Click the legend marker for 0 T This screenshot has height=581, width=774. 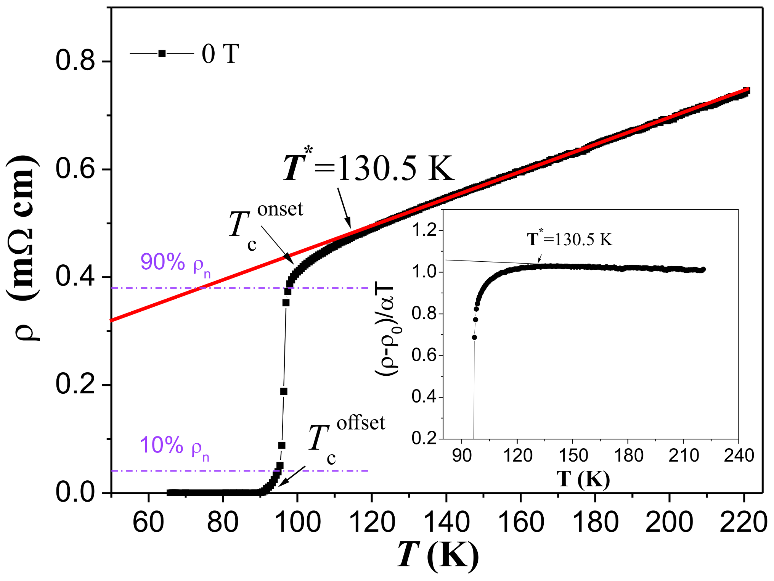162,53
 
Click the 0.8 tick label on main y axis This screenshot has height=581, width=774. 75,61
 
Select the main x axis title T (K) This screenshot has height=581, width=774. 438,555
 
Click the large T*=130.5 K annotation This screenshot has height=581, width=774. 369,168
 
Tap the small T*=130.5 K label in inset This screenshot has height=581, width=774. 570,239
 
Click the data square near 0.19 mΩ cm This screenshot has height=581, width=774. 284,391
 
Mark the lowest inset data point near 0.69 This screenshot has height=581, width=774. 474,337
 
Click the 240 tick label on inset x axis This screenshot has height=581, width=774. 739,456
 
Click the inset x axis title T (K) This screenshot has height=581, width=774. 583,478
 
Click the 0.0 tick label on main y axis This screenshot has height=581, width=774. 75,492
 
